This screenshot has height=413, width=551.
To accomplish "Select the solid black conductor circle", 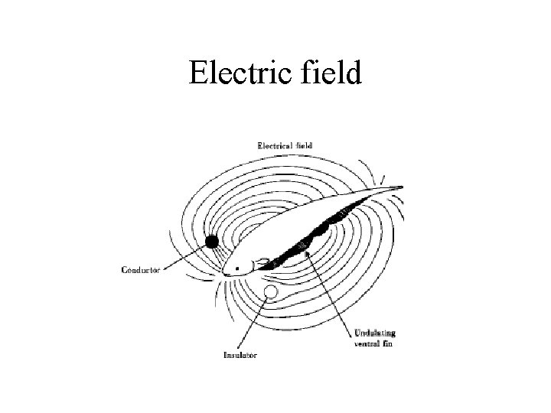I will pos(211,242).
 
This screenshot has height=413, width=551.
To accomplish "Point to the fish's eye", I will pos(236,268).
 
